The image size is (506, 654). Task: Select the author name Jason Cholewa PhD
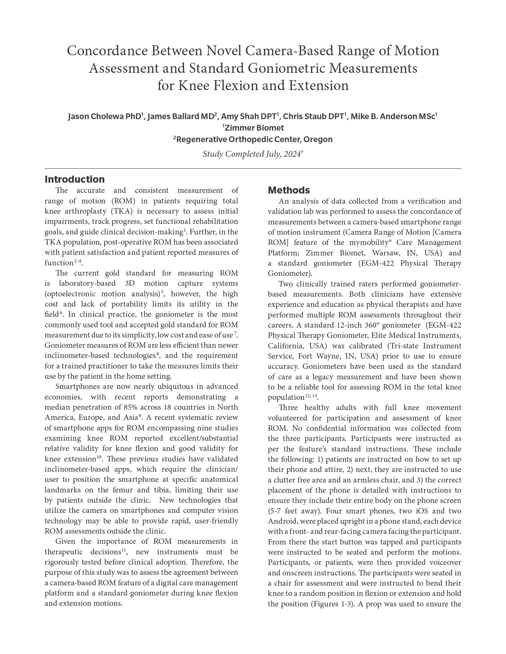click(x=105, y=116)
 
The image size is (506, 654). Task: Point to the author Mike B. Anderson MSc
click(x=393, y=116)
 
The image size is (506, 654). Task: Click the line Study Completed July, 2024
click(x=253, y=154)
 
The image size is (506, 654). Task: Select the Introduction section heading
click(x=74, y=179)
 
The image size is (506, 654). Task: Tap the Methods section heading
click(x=289, y=190)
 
